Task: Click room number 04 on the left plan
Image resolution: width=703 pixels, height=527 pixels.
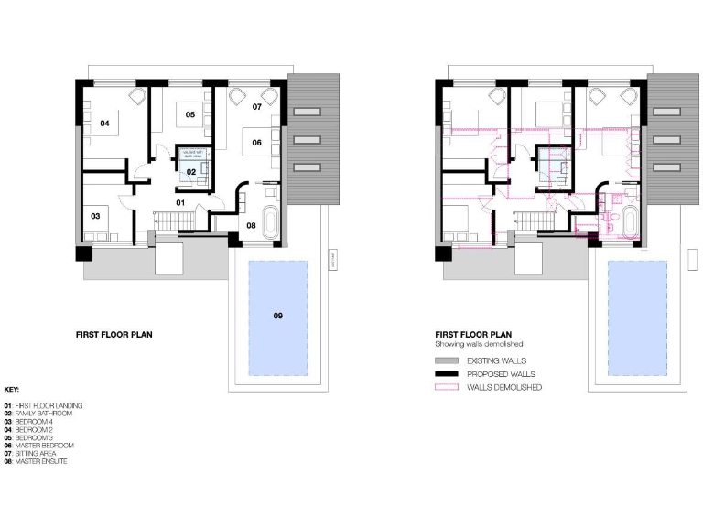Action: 104,123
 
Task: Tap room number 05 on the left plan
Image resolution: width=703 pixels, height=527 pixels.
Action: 190,114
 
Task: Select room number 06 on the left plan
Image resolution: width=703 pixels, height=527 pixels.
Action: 257,143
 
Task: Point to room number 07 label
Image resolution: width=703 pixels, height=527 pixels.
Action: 257,108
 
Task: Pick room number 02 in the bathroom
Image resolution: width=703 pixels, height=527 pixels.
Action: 191,171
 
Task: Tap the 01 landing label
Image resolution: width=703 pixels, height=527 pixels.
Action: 180,201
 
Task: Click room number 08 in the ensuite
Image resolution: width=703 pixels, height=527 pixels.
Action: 251,225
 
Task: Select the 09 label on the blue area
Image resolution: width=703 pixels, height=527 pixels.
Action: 277,316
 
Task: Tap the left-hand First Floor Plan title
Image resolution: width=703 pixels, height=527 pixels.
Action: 114,335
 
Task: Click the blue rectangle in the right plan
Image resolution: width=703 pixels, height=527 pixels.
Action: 636,316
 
